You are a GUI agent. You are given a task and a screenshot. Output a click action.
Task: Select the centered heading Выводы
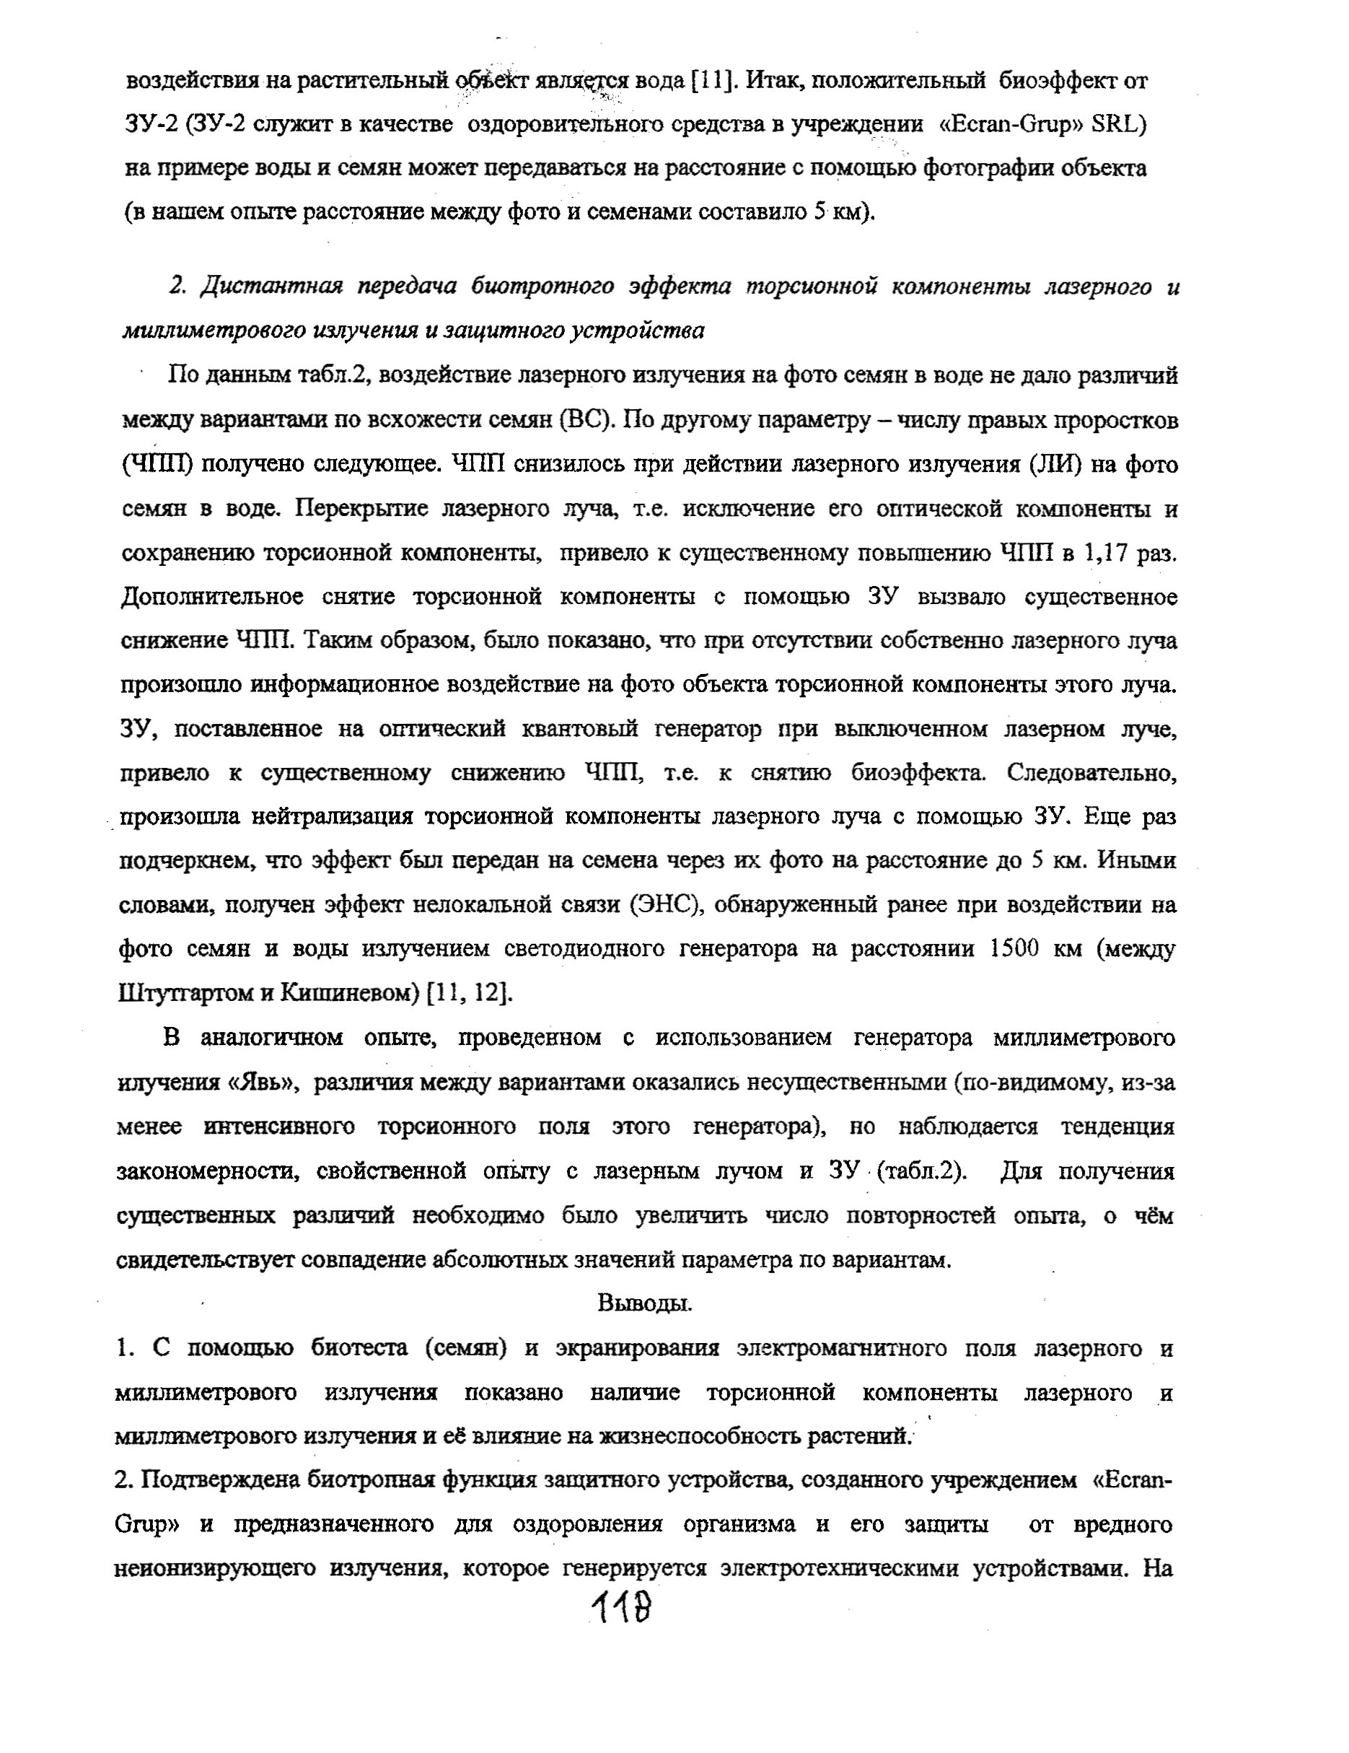coord(644,1303)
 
